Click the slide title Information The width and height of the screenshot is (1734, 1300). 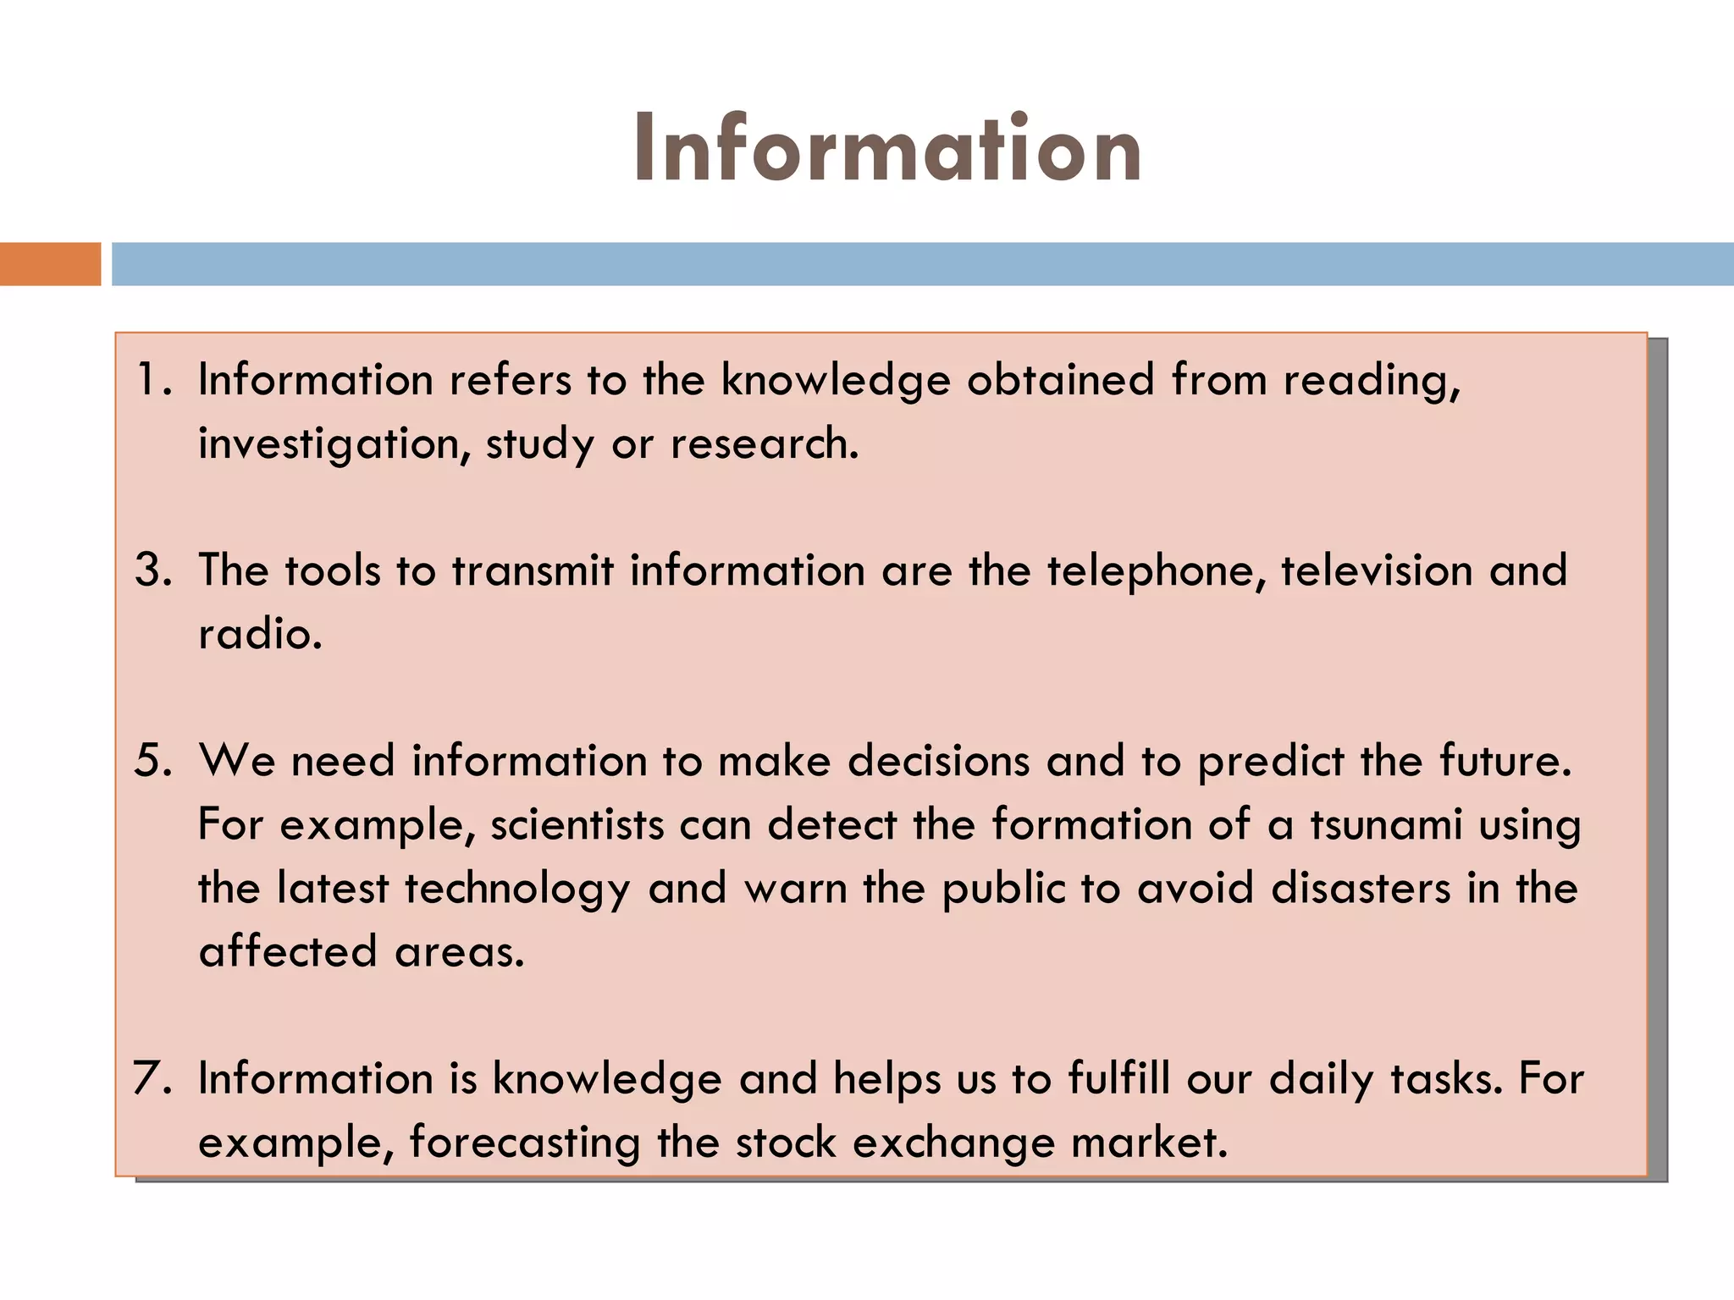[886, 149]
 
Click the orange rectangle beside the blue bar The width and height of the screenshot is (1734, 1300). [50, 264]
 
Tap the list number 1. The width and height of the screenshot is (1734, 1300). [153, 379]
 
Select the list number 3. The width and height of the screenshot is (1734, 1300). [153, 570]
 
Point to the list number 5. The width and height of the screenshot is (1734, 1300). [153, 761]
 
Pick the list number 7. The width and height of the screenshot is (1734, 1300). [153, 1079]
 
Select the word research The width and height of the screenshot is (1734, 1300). [765, 444]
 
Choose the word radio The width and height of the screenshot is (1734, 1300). [260, 635]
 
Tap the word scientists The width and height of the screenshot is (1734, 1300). [577, 825]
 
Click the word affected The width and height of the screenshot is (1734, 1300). [288, 952]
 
